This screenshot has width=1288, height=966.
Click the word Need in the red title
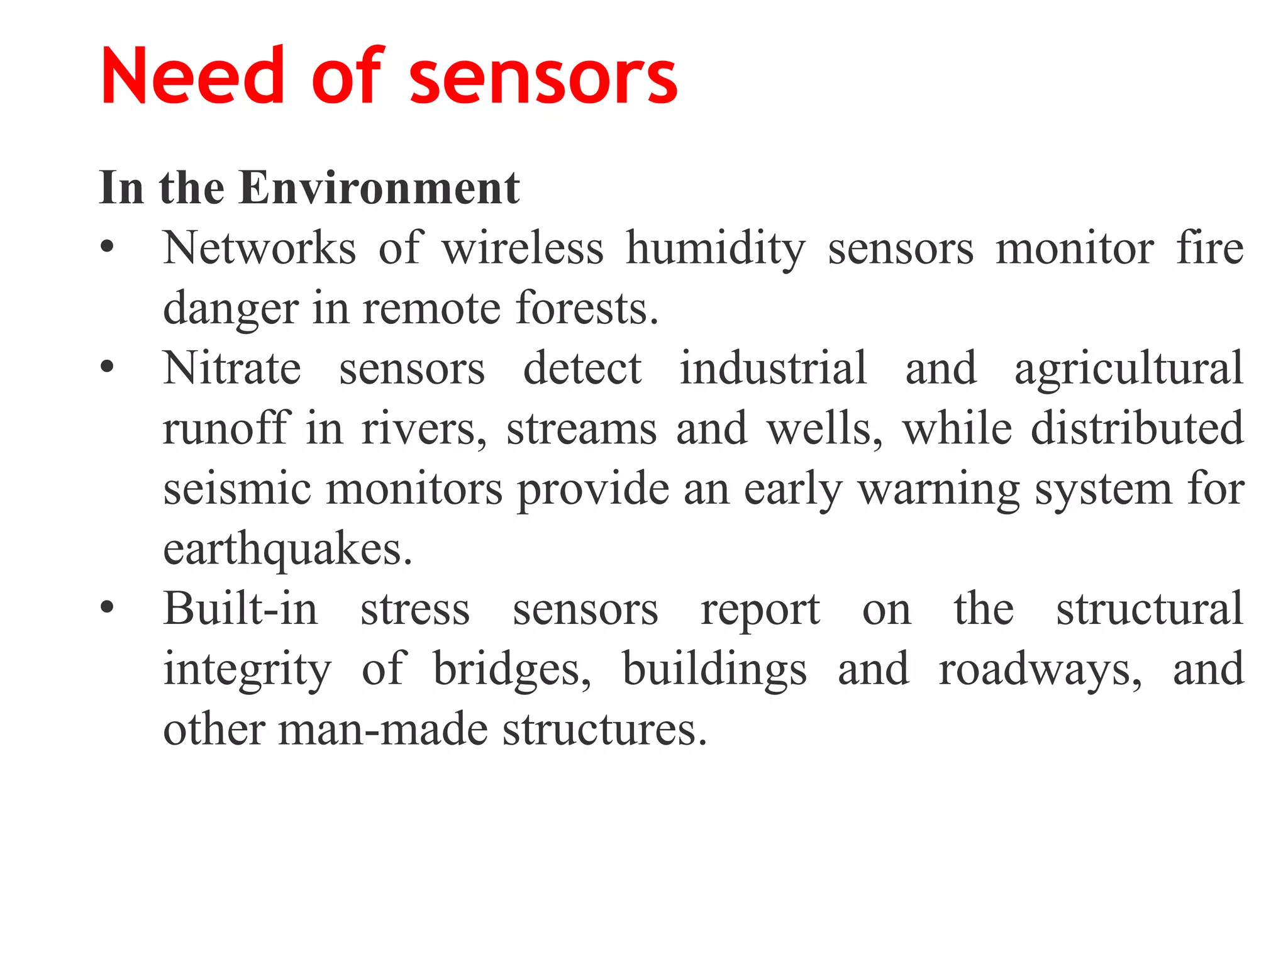pos(192,77)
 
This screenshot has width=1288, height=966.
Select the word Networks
pos(259,248)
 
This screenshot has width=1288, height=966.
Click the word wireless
pos(522,248)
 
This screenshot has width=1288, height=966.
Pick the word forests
pos(586,308)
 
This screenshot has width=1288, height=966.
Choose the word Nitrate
pos(231,368)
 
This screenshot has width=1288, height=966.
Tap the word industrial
pos(773,368)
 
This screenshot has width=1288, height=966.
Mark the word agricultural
pos(1129,369)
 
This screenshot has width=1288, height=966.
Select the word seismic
pos(237,489)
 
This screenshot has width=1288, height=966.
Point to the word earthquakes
pos(287,550)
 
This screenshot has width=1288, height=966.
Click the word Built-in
pos(240,609)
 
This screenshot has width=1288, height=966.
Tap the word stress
pos(415,610)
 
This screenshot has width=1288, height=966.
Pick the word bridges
pos(512,670)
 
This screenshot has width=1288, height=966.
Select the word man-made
pos(383,730)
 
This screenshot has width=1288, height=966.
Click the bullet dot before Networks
pos(108,247)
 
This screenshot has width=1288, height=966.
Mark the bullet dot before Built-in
pos(108,608)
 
